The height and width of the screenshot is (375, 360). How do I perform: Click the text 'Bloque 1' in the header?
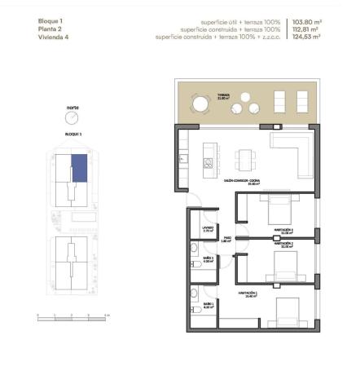pos(50,21)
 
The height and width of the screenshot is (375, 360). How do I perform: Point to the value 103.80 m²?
pos(306,21)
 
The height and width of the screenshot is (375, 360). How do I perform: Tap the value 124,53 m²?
pos(306,37)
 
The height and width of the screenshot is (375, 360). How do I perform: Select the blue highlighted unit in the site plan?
pos(80,167)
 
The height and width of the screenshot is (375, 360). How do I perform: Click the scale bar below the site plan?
pos(73,316)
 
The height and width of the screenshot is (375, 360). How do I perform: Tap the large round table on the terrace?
pos(200,104)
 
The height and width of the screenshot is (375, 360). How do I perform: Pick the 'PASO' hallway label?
pos(229,238)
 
